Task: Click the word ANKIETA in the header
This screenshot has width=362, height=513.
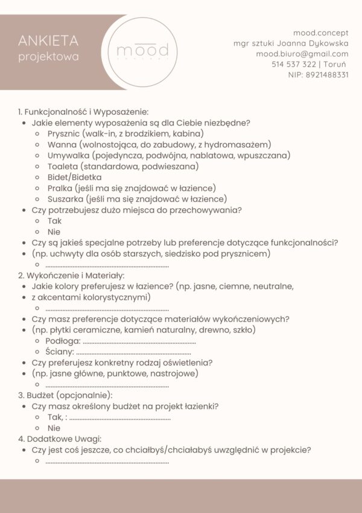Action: (x=48, y=41)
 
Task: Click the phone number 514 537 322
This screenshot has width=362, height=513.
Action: (x=294, y=64)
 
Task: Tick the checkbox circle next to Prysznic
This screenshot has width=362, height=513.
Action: (x=37, y=134)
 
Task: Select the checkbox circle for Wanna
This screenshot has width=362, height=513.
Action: (x=37, y=145)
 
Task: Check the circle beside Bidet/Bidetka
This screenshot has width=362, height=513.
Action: (x=37, y=178)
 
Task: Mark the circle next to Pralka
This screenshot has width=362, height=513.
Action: (x=37, y=189)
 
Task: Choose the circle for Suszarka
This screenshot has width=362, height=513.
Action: (x=37, y=199)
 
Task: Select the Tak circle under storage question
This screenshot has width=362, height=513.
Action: (x=37, y=221)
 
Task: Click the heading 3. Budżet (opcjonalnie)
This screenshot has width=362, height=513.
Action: (x=65, y=395)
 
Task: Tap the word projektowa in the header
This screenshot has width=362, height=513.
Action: (x=48, y=57)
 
